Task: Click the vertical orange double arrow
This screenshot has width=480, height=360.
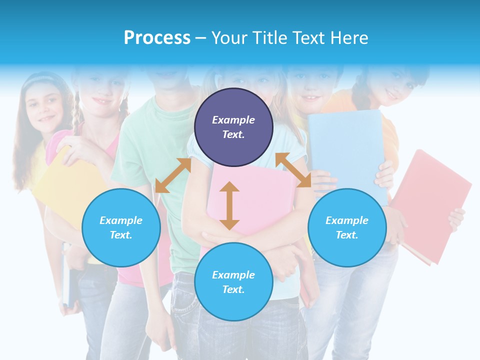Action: coord(229,205)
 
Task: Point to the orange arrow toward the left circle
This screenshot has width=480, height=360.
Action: coord(173,175)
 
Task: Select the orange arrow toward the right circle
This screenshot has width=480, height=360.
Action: coord(293,170)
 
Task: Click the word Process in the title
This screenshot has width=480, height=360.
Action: coord(157,37)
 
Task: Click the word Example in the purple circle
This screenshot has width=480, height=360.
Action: coord(233,120)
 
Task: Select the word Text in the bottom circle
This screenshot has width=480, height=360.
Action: coord(233,289)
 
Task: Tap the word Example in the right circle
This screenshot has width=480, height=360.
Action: coord(347,220)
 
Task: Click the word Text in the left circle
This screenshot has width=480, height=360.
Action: coord(121,235)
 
